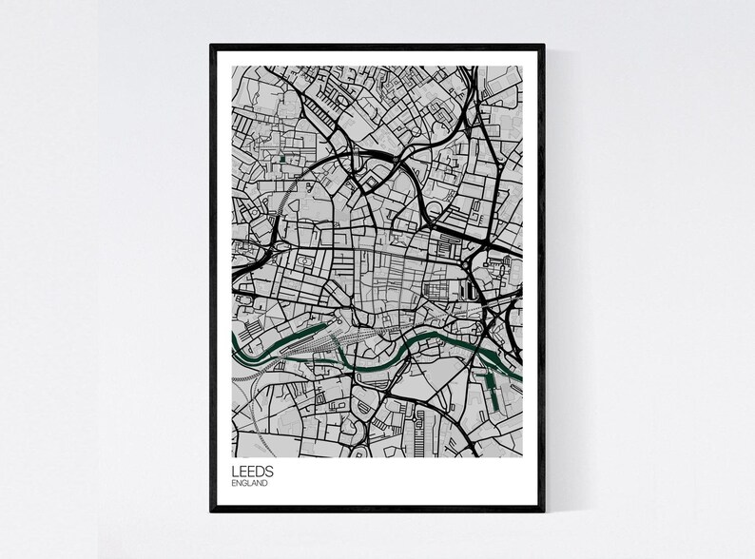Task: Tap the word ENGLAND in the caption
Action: pos(250,483)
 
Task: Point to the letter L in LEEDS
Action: pos(235,471)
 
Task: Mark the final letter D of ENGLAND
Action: pos(265,483)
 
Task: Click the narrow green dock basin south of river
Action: pos(492,389)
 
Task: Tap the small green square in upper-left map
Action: pos(283,158)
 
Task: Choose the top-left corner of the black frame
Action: pos(212,44)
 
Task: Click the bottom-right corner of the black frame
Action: pos(546,511)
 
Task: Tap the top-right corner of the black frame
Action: pos(546,44)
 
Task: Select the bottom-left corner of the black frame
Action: pos(212,511)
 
